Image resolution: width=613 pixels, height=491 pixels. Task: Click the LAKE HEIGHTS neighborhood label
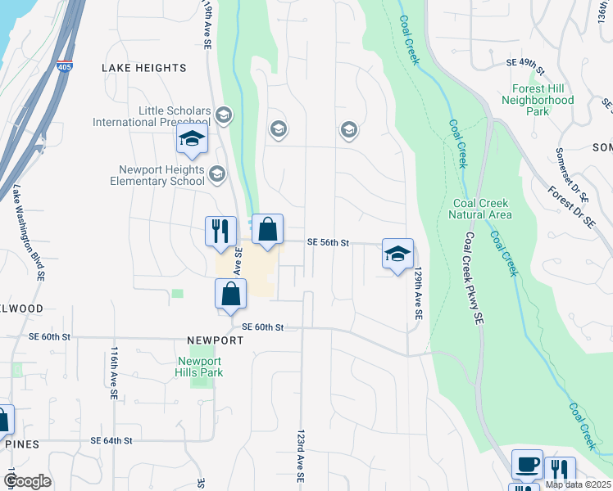pos(144,68)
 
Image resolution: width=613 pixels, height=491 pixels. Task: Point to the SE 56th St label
pos(328,243)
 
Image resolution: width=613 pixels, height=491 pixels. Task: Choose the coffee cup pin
pos(527,464)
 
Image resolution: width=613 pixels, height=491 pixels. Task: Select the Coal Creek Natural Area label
pos(483,209)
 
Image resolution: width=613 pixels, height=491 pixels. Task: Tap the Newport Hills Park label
pos(200,367)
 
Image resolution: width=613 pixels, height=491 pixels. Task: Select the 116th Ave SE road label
pos(113,372)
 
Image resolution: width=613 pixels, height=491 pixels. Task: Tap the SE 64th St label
pos(111,440)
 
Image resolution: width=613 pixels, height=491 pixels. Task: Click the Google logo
pos(27,481)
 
